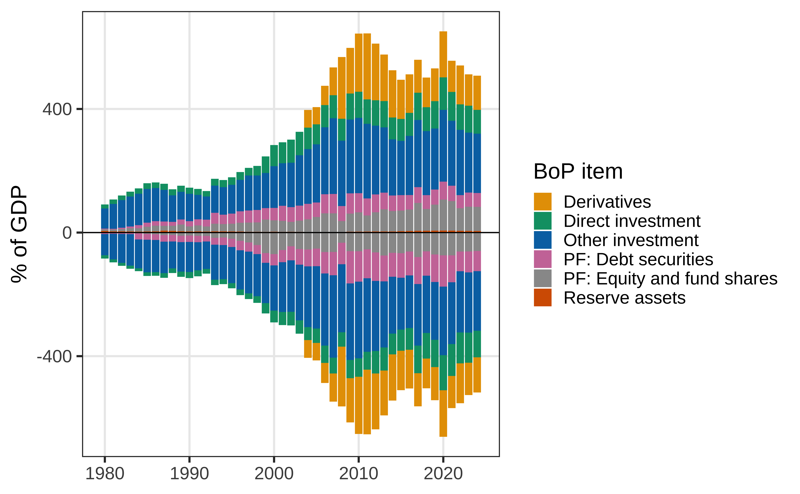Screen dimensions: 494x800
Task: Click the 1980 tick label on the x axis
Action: click(x=105, y=474)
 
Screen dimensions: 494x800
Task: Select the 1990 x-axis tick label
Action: click(x=189, y=474)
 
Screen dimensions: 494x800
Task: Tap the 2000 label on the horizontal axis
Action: click(x=274, y=474)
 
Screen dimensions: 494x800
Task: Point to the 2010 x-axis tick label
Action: click(x=359, y=474)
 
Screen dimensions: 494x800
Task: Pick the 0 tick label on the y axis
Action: click(x=67, y=233)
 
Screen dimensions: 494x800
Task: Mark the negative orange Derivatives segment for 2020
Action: click(x=443, y=413)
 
